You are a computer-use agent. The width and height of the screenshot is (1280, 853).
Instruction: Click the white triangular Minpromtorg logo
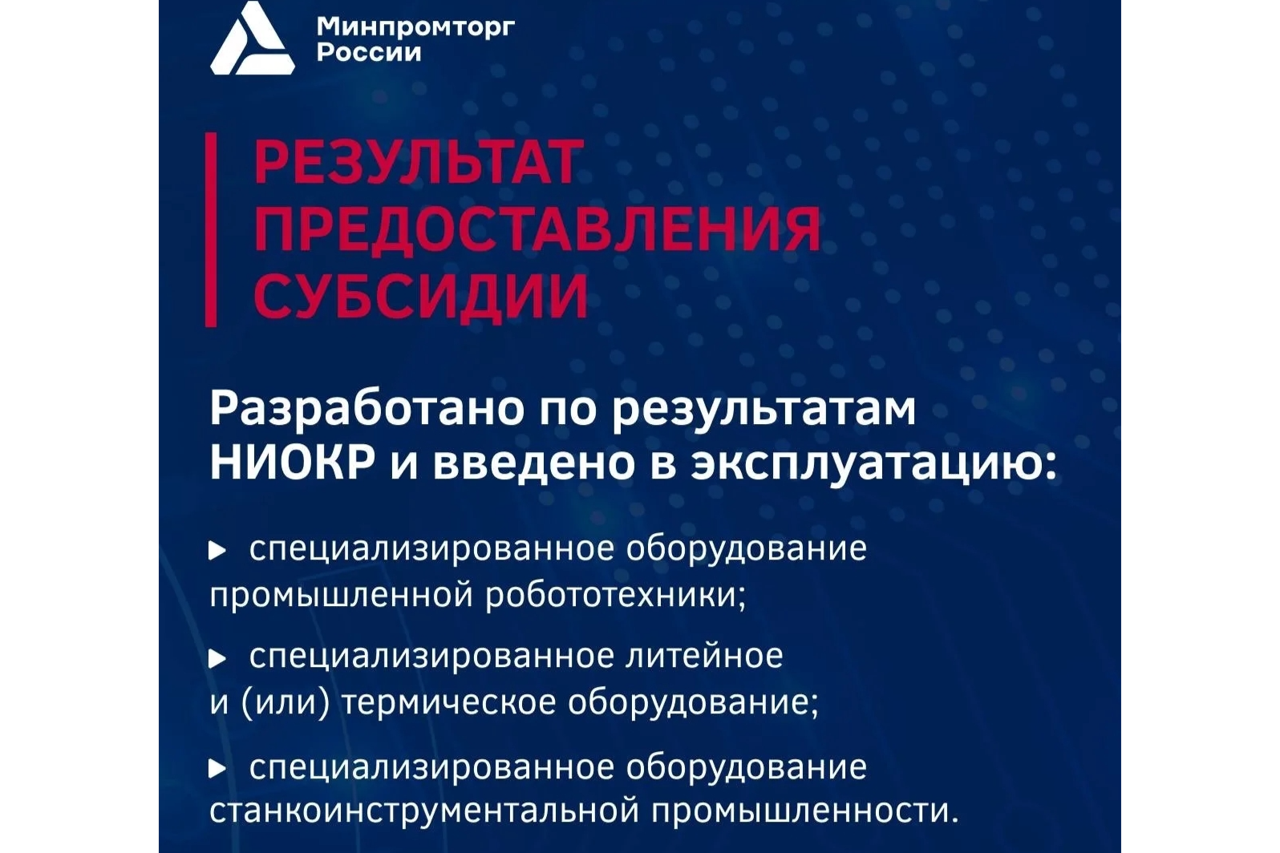(251, 42)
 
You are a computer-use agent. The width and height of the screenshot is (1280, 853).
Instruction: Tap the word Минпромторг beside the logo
(415, 26)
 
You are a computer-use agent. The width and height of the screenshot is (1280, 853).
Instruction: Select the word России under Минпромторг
(368, 53)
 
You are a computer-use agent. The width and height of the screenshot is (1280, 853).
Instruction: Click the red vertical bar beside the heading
(211, 229)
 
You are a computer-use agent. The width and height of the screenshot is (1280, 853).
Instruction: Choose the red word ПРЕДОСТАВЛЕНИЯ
(537, 230)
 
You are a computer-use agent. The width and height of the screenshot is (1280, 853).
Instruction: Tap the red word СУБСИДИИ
(421, 297)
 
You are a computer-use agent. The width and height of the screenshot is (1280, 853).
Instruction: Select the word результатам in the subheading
(763, 409)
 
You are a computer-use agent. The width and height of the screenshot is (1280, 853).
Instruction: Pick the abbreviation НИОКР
(292, 463)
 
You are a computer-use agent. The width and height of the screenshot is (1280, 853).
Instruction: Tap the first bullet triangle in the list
(217, 551)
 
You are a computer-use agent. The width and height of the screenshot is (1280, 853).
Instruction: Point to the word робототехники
(616, 596)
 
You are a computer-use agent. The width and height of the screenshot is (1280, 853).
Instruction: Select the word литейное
(703, 657)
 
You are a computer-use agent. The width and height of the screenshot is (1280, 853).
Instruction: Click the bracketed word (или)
(286, 703)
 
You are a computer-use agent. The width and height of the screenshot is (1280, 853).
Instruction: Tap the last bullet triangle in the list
(217, 769)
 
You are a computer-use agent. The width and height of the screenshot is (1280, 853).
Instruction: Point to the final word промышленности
(804, 811)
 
